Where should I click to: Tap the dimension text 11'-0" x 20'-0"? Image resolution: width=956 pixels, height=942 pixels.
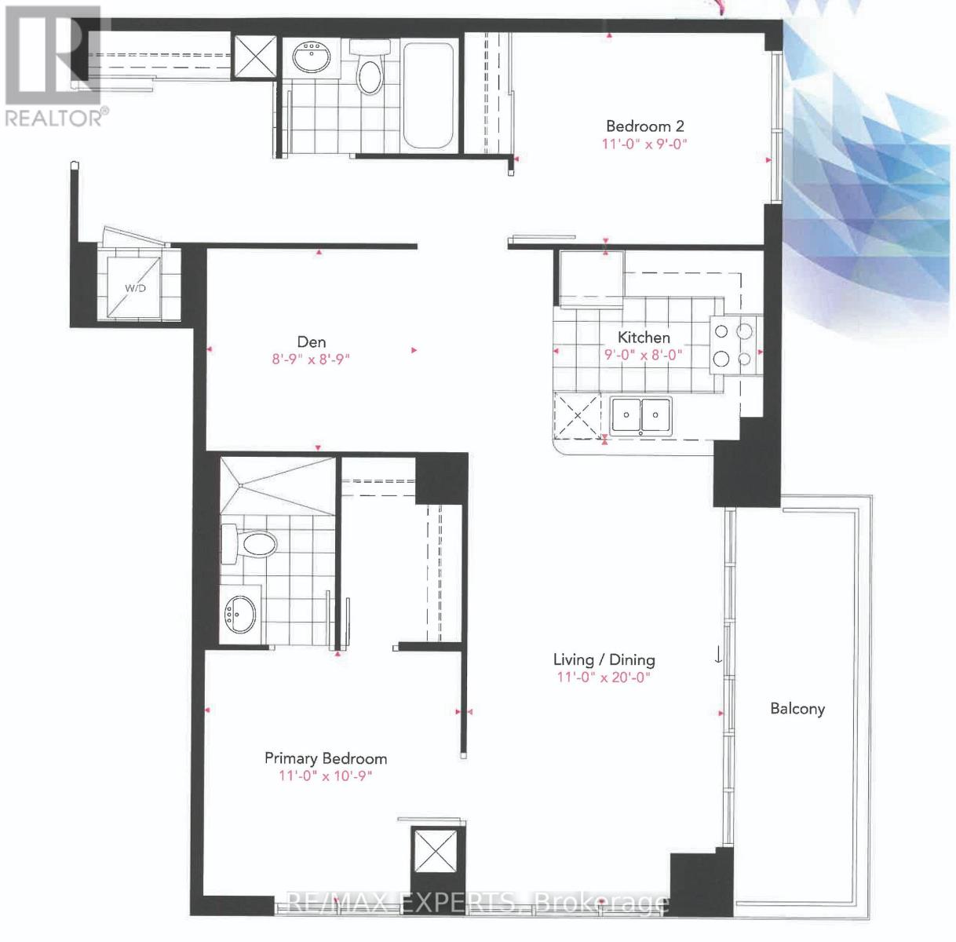pyautogui.click(x=604, y=677)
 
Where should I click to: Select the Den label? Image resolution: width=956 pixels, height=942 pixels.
pyautogui.click(x=311, y=342)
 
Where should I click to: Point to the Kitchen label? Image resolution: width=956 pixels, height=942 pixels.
pyautogui.click(x=644, y=338)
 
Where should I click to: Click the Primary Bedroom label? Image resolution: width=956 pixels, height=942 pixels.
pyautogui.click(x=325, y=758)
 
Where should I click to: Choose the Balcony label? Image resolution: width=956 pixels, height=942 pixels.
pyautogui.click(x=797, y=709)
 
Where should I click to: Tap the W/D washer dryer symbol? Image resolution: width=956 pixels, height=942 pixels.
pyautogui.click(x=135, y=287)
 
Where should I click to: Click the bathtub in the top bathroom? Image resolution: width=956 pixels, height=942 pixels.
pyautogui.click(x=428, y=96)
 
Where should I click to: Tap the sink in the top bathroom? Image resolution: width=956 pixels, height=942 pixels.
pyautogui.click(x=312, y=56)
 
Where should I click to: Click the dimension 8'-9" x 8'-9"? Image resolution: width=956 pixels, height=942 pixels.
pyautogui.click(x=311, y=360)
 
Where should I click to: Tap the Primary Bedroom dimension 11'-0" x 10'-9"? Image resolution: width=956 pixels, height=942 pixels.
pyautogui.click(x=325, y=776)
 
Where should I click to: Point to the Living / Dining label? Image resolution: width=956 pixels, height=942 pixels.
pyautogui.click(x=604, y=660)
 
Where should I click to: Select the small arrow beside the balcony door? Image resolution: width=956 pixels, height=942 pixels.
pyautogui.click(x=718, y=654)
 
